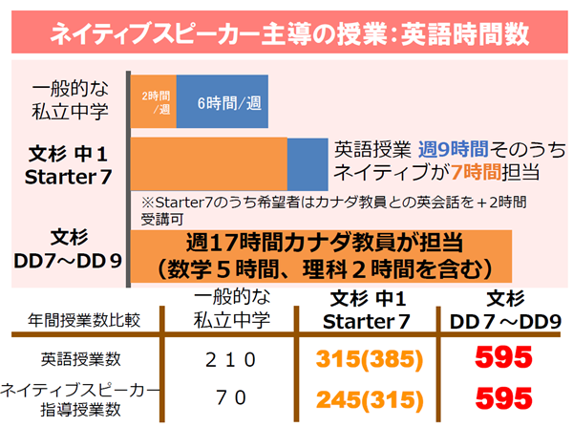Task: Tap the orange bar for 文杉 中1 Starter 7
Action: tap(208, 161)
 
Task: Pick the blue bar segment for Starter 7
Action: tap(307, 161)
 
